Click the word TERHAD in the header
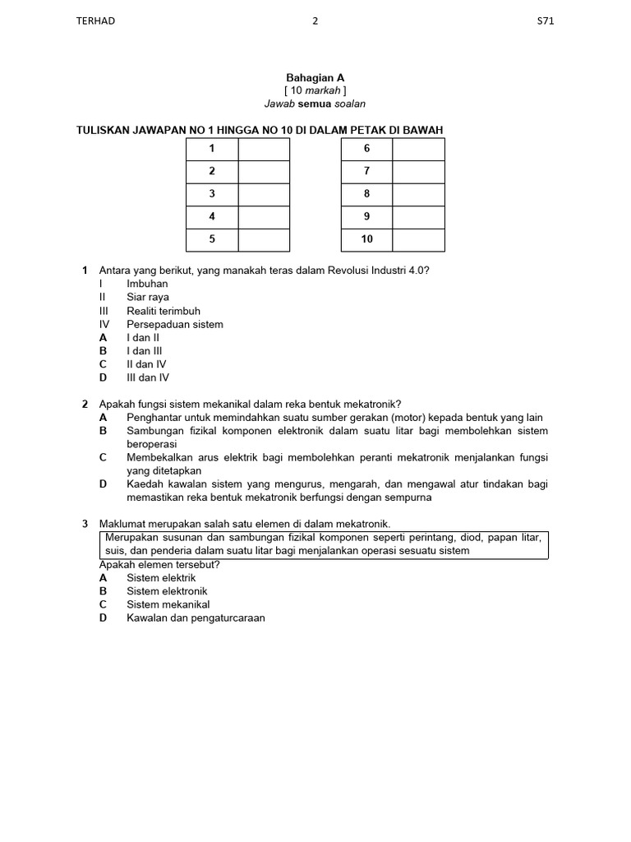pos(95,21)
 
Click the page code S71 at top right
pos(545,21)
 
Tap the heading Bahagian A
pos(315,77)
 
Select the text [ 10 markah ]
pos(315,90)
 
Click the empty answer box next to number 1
pos(264,149)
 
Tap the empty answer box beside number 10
pos(418,239)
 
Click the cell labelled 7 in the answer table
pos(366,171)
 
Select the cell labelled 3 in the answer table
pos(212,194)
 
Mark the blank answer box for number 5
pos(264,239)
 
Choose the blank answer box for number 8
pos(418,194)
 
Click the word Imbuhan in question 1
pos(147,284)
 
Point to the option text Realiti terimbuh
pos(163,311)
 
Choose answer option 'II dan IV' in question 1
pos(146,364)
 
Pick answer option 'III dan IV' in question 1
pos(148,377)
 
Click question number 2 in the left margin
pos(85,404)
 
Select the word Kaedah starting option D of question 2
pos(145,484)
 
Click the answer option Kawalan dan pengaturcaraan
pos(196,618)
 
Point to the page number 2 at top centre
pos(315,21)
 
